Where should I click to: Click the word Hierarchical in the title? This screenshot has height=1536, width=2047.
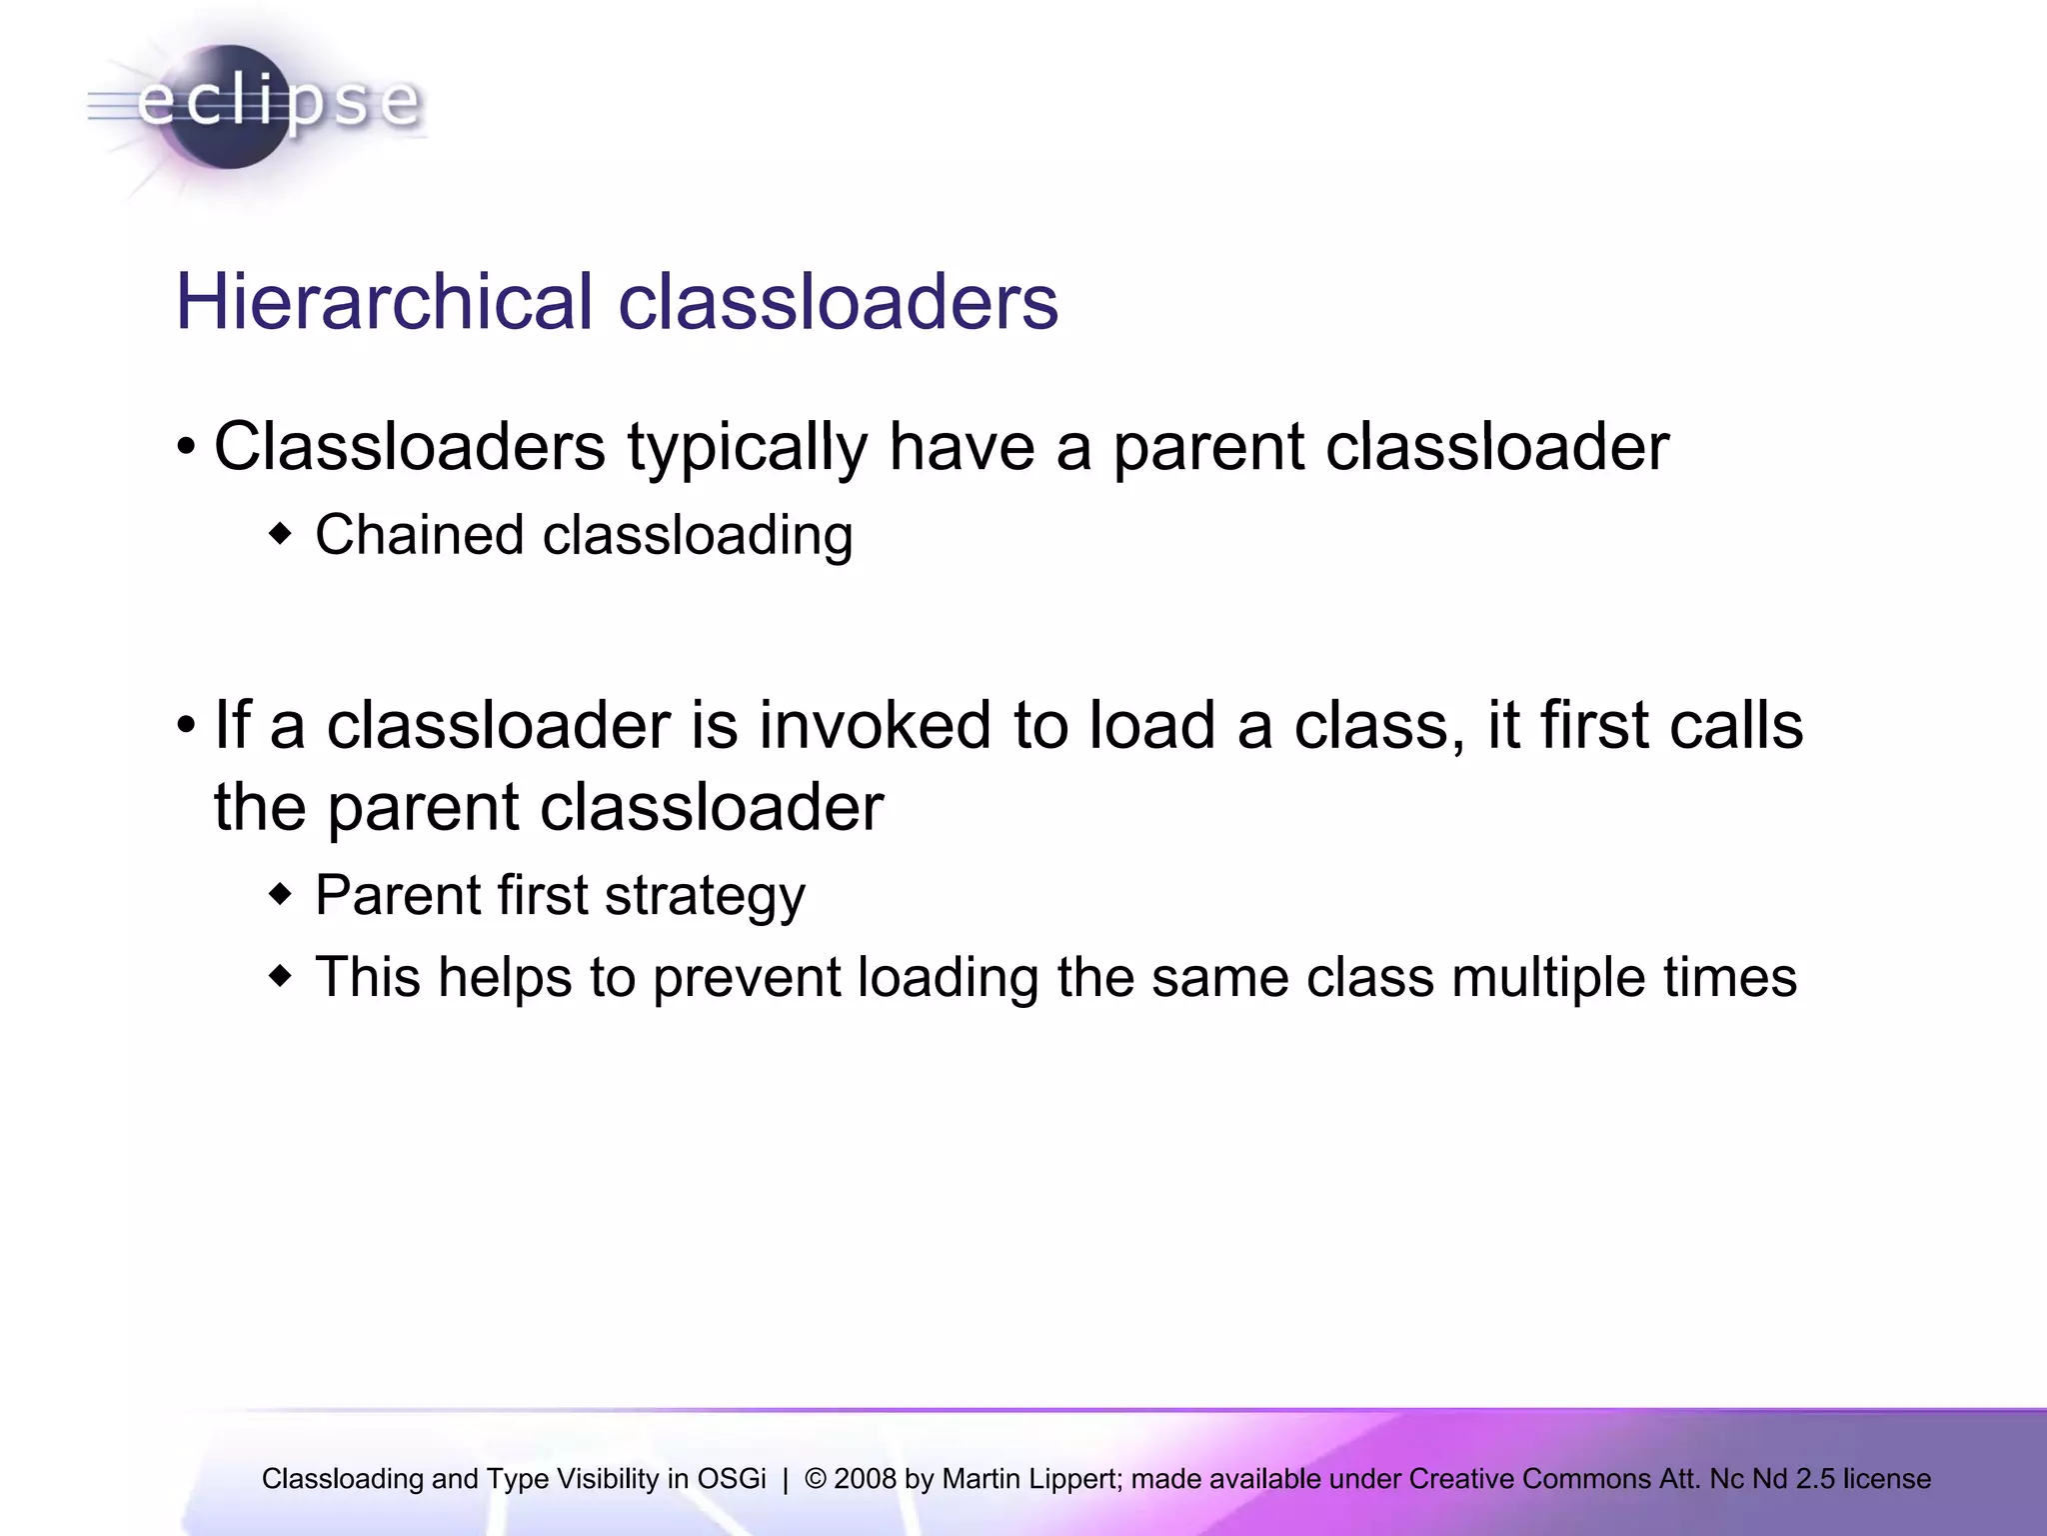384,302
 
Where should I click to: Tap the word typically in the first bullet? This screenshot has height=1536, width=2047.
747,447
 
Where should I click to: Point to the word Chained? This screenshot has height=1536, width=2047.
419,535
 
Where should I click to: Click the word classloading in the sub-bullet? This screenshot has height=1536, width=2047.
697,535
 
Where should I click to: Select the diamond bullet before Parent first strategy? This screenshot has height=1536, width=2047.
281,894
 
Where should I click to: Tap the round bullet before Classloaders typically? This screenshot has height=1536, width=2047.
186,447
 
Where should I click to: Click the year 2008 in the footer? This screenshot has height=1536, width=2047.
865,1479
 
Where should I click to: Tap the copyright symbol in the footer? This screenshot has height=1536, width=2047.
815,1479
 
